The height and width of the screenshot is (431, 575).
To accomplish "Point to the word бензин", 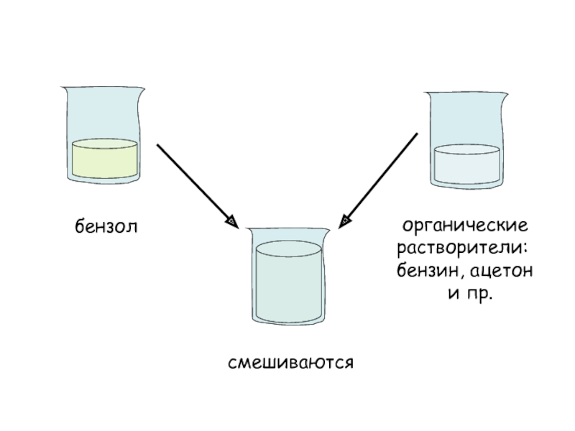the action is [424, 272].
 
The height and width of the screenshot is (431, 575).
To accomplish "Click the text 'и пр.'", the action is [466, 295].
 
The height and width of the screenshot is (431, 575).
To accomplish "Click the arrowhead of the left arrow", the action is [232, 221].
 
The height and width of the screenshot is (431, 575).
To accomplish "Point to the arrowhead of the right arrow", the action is [344, 221].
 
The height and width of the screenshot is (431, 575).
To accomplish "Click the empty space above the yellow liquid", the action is [104, 115].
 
